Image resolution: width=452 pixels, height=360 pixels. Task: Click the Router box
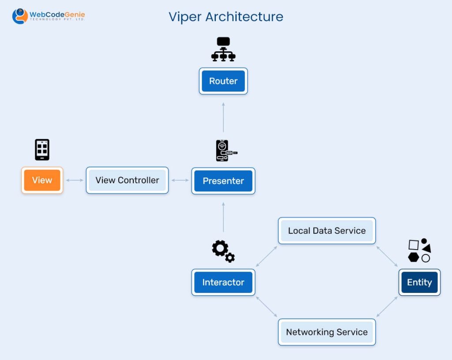(223, 81)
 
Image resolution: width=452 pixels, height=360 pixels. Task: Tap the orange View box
(42, 180)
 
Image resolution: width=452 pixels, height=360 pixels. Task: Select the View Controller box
(127, 180)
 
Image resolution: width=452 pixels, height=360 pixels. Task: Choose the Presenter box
(223, 181)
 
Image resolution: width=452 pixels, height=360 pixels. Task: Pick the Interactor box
(223, 282)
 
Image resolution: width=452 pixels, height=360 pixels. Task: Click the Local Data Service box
(327, 231)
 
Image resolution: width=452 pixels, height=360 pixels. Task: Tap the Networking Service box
(327, 332)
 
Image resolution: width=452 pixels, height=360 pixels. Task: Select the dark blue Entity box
(419, 282)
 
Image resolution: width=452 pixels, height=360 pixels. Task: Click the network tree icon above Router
(223, 49)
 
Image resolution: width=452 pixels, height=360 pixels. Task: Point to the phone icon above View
(42, 149)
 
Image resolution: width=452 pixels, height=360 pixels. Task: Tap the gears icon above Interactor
(223, 251)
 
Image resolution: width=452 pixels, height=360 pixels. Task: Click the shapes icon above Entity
(419, 250)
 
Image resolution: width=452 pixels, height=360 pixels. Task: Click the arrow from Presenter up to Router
(223, 117)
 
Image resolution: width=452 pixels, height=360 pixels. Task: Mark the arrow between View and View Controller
(74, 180)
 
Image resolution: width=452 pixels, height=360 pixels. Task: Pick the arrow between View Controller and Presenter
(180, 180)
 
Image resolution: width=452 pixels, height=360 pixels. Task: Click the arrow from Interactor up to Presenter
(223, 217)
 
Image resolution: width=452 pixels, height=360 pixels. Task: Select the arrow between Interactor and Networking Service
(267, 307)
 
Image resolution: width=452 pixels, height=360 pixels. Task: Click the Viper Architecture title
(226, 17)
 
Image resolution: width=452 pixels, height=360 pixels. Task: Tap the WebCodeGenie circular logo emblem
(19, 16)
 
